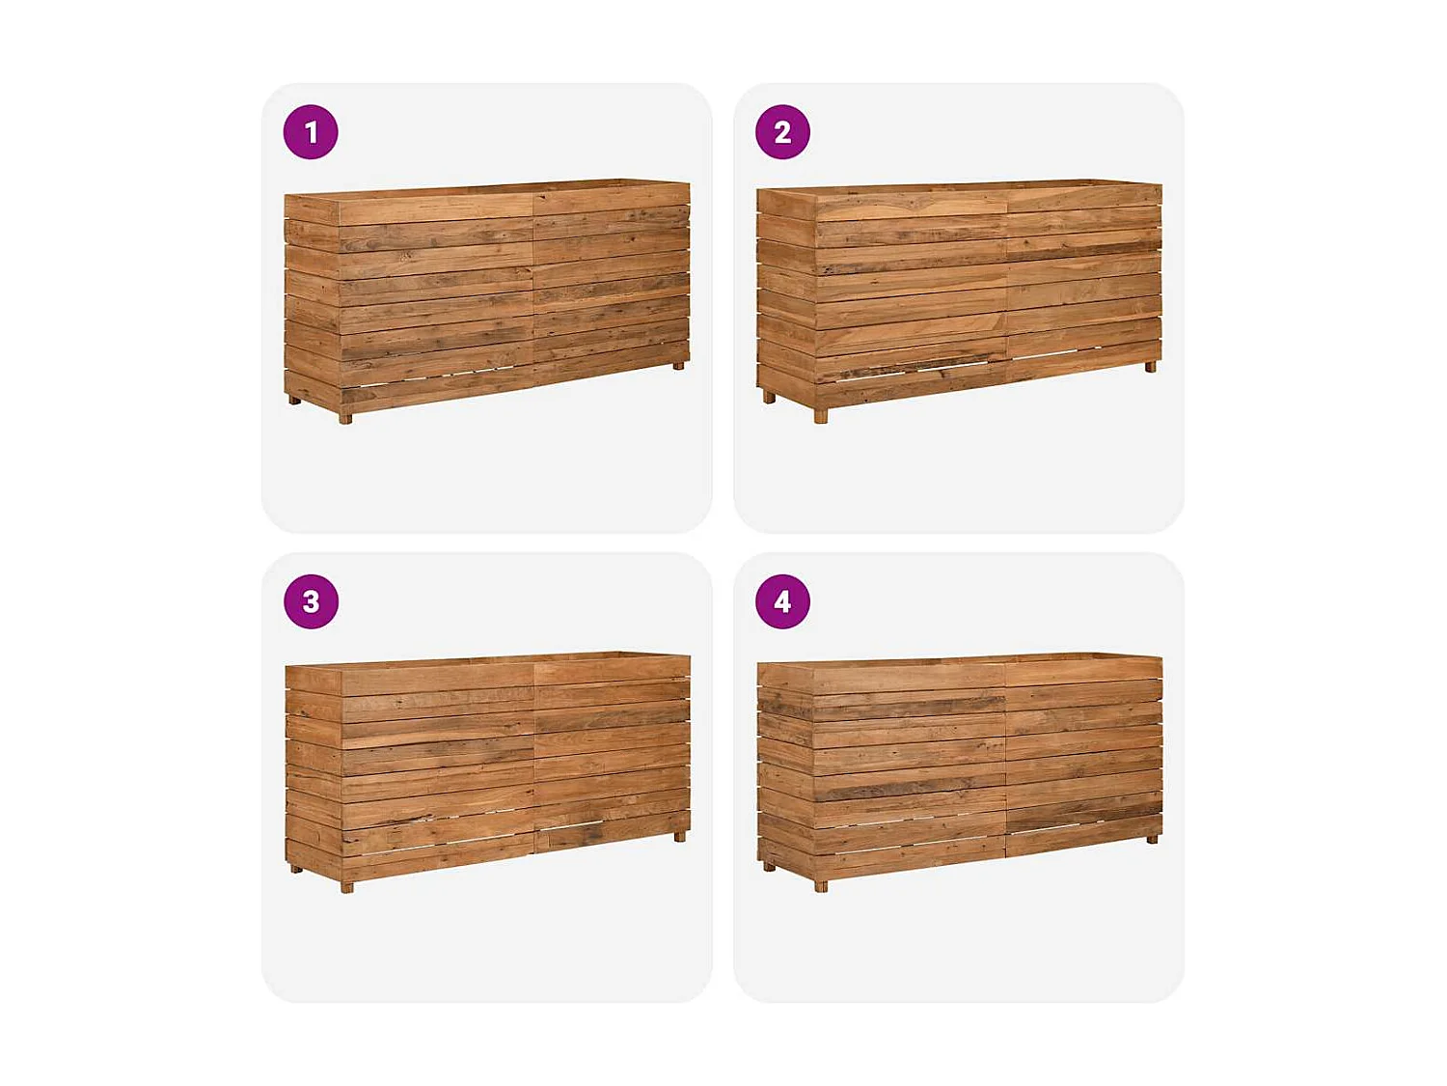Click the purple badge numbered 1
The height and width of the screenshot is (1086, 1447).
point(311,132)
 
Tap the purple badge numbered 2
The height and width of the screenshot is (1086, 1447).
point(782,132)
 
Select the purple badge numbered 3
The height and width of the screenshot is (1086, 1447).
point(311,601)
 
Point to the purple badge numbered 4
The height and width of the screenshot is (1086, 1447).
point(782,601)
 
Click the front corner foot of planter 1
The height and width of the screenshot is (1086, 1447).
point(345,418)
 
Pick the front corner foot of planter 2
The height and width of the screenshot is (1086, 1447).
point(821,416)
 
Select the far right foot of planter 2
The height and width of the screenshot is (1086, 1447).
point(1150,367)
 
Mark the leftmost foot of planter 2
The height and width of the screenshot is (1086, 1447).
point(769,397)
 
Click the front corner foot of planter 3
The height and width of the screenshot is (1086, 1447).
point(347,886)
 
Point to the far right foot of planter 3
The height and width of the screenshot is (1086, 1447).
point(680,837)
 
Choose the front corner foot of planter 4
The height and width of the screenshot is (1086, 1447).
point(821,885)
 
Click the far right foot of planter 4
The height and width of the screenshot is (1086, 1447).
point(1152,839)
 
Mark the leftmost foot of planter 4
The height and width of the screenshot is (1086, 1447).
point(769,866)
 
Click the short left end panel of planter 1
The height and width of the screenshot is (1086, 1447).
point(312,299)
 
